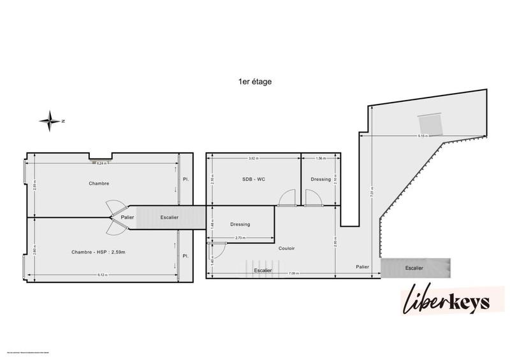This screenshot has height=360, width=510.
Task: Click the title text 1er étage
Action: [254, 82]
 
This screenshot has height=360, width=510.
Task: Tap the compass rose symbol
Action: [50, 119]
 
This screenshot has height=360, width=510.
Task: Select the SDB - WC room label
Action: [253, 180]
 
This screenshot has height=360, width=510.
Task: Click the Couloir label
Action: [287, 248]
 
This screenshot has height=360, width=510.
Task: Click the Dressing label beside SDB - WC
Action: [321, 180]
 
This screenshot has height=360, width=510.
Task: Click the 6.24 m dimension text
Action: [102, 164]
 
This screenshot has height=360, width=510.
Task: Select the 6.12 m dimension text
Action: [100, 275]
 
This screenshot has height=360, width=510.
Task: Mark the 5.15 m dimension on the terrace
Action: [421, 136]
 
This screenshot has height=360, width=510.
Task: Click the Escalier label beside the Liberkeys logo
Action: [414, 268]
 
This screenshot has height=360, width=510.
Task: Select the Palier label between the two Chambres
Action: [127, 217]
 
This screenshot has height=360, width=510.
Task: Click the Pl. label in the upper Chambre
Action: [186, 180]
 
